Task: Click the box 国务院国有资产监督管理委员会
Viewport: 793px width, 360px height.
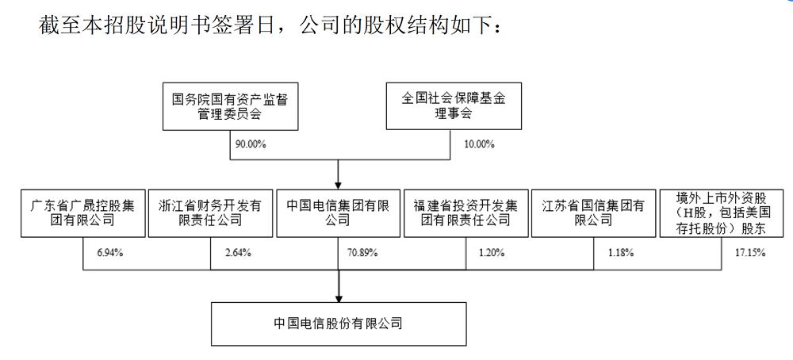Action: (x=230, y=106)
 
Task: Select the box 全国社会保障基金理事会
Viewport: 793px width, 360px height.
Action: (x=454, y=106)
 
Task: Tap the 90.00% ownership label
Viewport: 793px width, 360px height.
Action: (x=251, y=144)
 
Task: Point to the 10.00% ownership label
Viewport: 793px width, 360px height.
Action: (x=480, y=144)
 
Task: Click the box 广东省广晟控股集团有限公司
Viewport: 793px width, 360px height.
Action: (x=83, y=213)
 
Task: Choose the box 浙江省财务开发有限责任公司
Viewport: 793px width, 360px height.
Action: (x=210, y=213)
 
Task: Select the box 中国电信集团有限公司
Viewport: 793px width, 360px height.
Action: (x=338, y=213)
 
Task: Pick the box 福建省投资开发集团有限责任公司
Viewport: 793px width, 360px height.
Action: (x=465, y=213)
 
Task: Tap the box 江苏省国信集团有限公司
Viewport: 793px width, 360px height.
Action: (x=593, y=213)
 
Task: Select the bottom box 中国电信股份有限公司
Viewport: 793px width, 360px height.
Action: (x=339, y=324)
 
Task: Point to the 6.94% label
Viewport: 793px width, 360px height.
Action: (x=109, y=253)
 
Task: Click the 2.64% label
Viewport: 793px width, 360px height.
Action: (x=238, y=253)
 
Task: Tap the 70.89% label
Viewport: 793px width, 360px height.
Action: (x=362, y=253)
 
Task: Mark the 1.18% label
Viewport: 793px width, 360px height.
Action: (x=621, y=253)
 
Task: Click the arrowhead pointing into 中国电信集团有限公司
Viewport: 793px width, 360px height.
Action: (x=338, y=184)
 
